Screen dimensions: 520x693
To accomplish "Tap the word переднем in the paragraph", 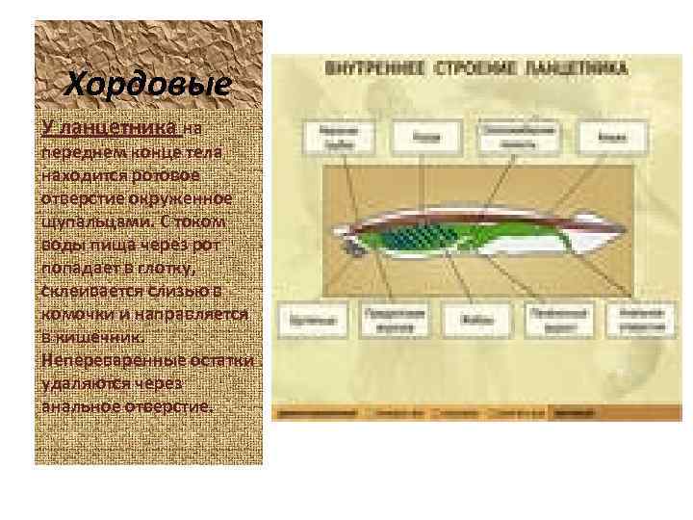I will click(77, 152).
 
